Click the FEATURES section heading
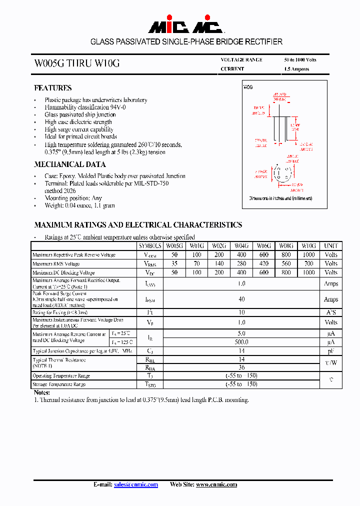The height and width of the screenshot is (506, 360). (x=52, y=88)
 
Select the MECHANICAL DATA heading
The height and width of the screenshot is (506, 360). (x=69, y=164)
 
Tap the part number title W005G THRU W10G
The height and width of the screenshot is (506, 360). (x=76, y=63)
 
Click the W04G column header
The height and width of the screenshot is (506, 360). (x=241, y=246)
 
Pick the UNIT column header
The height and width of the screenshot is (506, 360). (x=331, y=246)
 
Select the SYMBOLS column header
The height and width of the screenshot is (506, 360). (x=150, y=246)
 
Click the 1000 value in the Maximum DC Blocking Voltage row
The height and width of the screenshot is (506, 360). (x=309, y=273)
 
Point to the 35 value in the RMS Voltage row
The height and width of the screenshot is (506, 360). (x=174, y=264)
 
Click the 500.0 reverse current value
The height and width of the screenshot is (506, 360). (x=241, y=342)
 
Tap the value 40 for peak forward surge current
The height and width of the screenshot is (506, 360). (x=241, y=299)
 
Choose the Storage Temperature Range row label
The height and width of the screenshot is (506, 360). (x=59, y=384)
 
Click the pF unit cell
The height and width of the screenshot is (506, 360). (x=331, y=351)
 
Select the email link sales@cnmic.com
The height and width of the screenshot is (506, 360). (x=135, y=484)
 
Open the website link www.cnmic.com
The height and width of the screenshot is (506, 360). (x=216, y=484)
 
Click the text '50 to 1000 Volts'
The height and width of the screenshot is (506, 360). (x=300, y=60)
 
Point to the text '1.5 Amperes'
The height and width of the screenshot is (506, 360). (x=296, y=69)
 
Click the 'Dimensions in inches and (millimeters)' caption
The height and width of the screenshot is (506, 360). (x=280, y=198)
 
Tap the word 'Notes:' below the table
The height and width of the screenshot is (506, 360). (x=42, y=393)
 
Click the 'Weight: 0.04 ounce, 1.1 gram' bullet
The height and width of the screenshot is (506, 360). (x=79, y=205)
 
